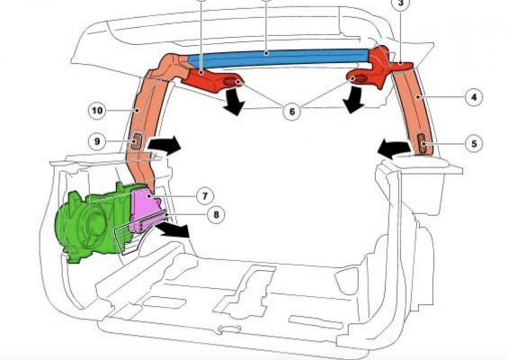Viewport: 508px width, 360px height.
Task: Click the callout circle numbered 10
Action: pos(97,111)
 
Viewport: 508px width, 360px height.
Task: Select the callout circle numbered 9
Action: pos(97,141)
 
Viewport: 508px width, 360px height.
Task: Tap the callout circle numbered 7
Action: pos(205,195)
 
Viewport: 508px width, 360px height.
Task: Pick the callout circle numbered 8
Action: pos(216,214)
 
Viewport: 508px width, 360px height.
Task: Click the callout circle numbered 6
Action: pos(292,112)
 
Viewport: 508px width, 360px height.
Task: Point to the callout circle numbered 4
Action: pos(474,96)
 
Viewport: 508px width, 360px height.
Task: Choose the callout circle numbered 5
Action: pos(474,143)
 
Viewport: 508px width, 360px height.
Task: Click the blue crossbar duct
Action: pos(279,58)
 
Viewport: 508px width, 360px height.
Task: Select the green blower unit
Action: pos(93,222)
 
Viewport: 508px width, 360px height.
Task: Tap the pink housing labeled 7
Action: pos(146,211)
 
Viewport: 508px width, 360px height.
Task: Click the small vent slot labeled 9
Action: pos(137,141)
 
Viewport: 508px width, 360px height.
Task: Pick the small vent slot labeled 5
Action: pos(423,143)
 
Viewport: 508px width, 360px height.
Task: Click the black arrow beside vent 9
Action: pos(165,145)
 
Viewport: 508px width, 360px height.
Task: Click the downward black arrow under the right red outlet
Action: pos(355,101)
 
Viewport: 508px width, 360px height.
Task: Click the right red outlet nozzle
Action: pos(370,77)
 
